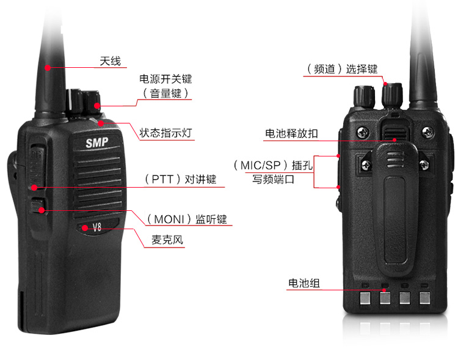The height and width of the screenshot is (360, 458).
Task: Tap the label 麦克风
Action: point(167,240)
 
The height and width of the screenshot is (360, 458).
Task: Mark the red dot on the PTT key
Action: point(35,187)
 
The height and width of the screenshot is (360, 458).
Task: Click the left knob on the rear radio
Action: point(365,96)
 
